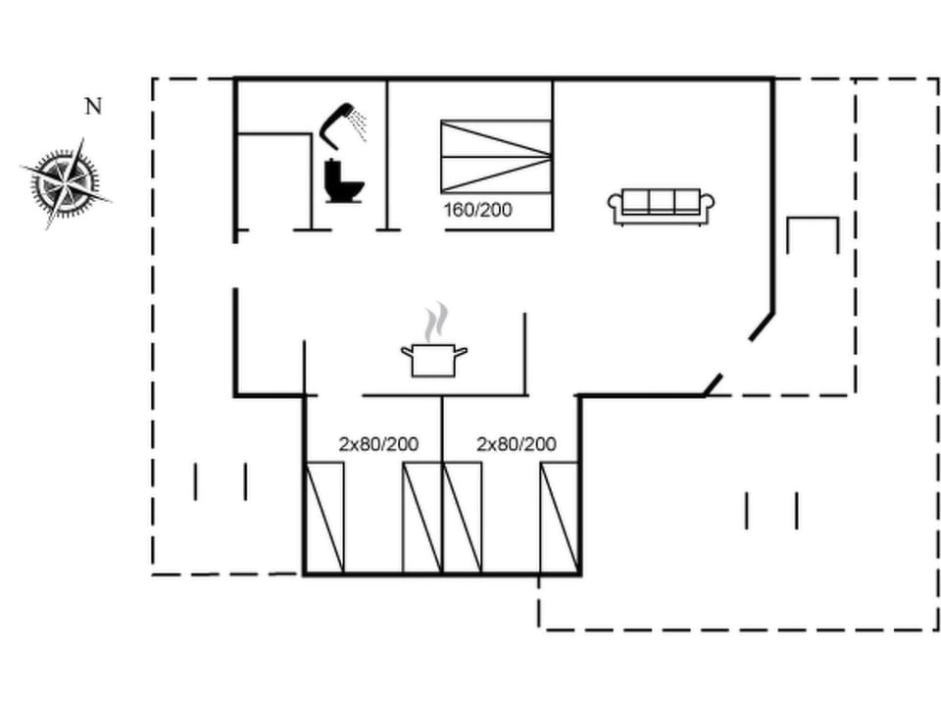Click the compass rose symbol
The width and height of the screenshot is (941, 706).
(65, 182)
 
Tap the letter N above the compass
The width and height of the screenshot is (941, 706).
(93, 107)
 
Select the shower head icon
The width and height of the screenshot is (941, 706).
(342, 122)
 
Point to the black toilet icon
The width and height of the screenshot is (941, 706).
(342, 182)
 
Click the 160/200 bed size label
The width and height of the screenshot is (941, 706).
(478, 209)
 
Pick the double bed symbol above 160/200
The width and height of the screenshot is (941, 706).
(495, 156)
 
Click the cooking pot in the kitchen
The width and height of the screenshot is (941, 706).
(433, 359)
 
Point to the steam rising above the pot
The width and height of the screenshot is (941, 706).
(435, 321)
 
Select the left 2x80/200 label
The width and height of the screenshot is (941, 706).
(378, 444)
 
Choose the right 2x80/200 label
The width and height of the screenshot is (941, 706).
(516, 444)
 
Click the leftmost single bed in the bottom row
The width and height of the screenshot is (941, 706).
(324, 517)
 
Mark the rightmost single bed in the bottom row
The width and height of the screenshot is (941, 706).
(559, 517)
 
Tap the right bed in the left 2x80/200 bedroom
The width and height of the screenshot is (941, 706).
(422, 517)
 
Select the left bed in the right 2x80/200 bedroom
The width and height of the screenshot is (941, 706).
(462, 517)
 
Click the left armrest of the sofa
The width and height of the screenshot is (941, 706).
(616, 205)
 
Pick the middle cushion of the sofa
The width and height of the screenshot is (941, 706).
(661, 200)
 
